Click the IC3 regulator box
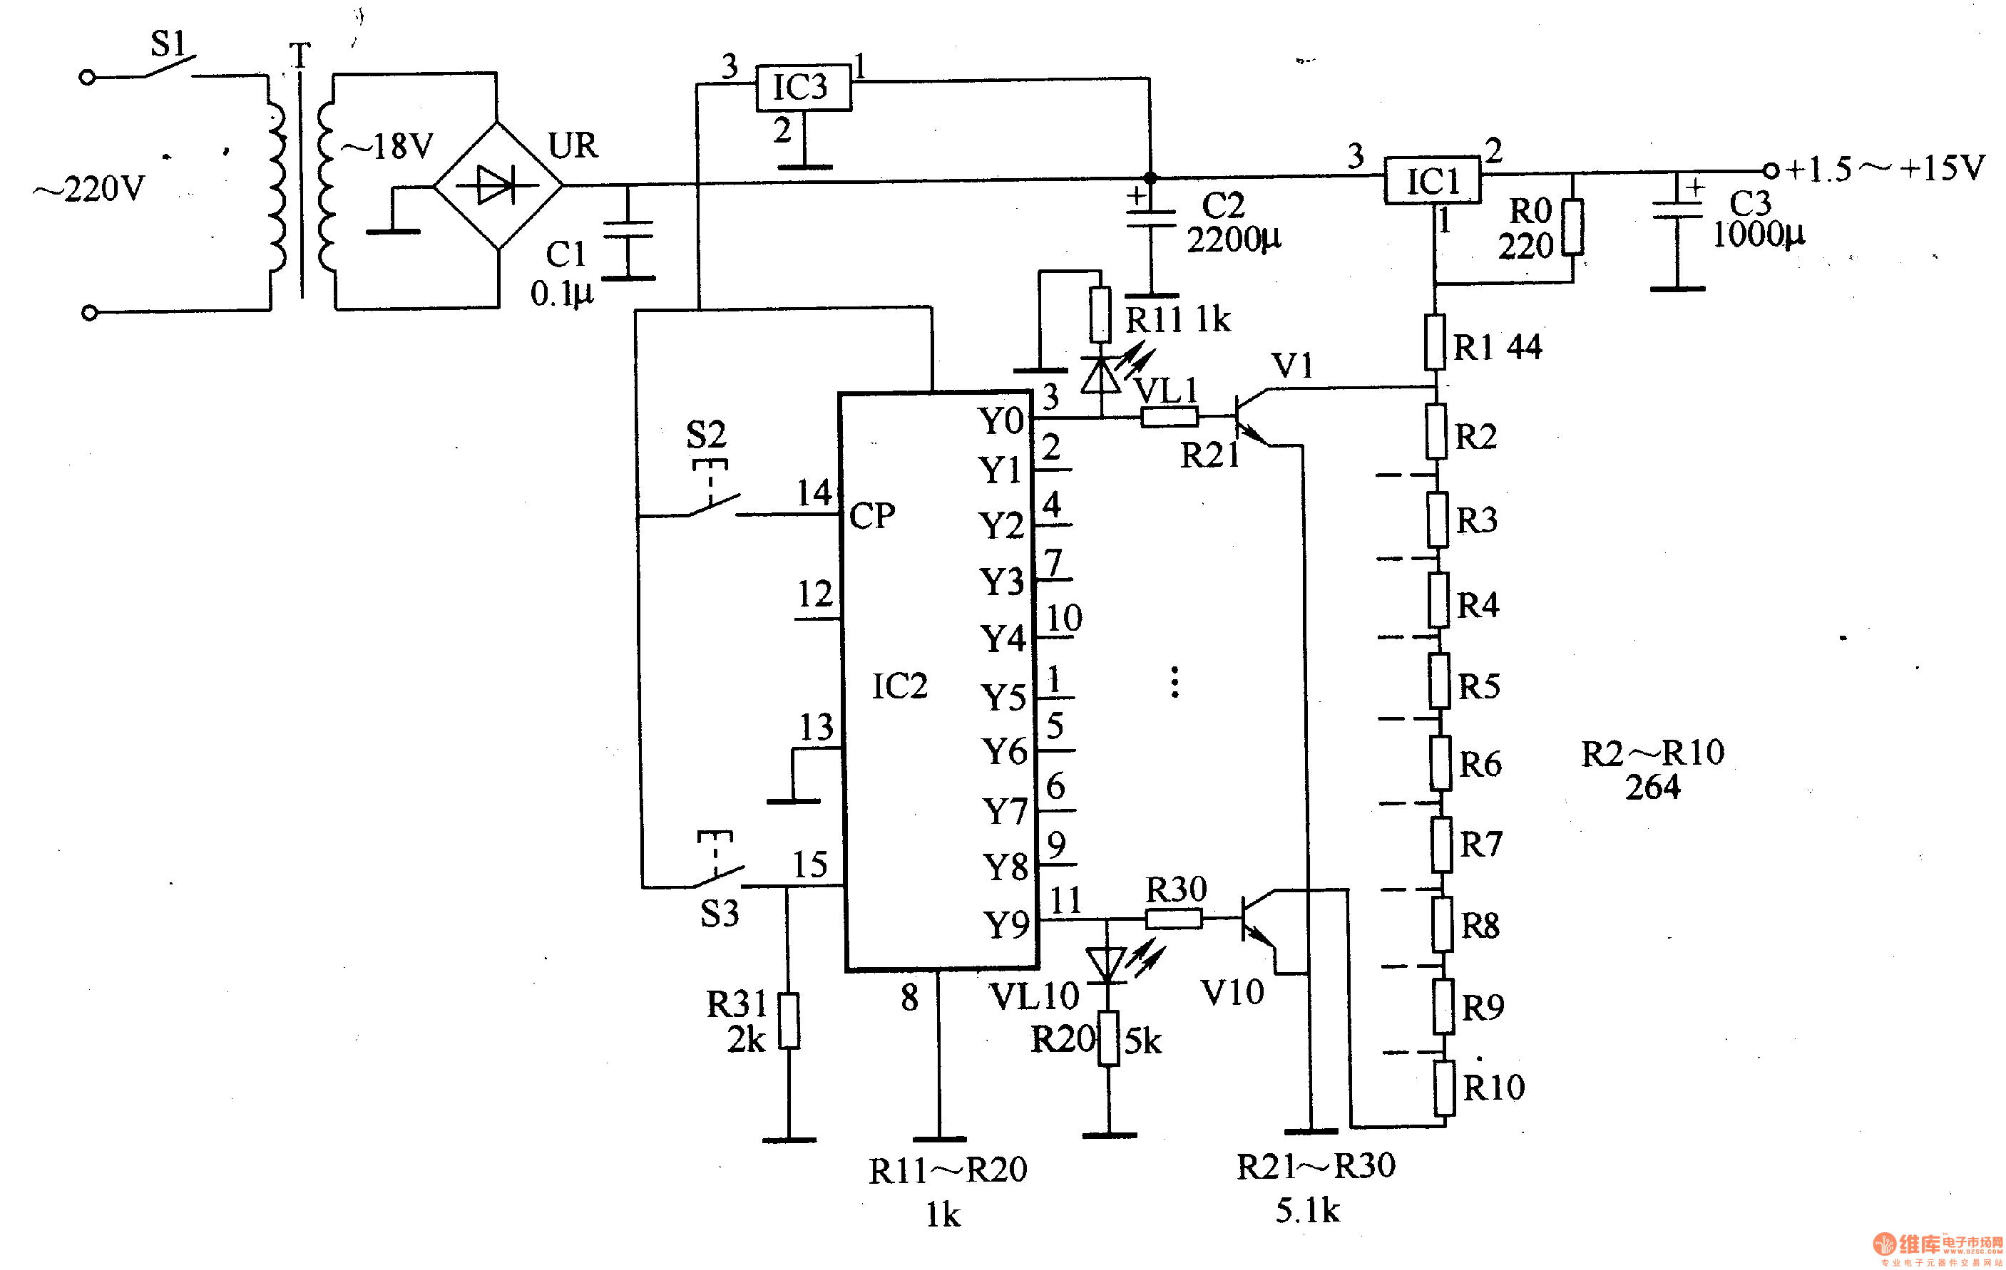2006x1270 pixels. [803, 87]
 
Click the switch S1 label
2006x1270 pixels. [168, 43]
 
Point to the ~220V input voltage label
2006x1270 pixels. [89, 189]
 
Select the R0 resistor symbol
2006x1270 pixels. [1572, 227]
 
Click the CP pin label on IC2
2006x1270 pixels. [871, 516]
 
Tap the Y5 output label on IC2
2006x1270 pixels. [1003, 698]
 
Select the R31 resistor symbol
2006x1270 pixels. [789, 1020]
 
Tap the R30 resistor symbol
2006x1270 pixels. [1174, 919]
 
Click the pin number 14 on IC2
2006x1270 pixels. [814, 493]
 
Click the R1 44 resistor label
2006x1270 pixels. [1497, 347]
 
